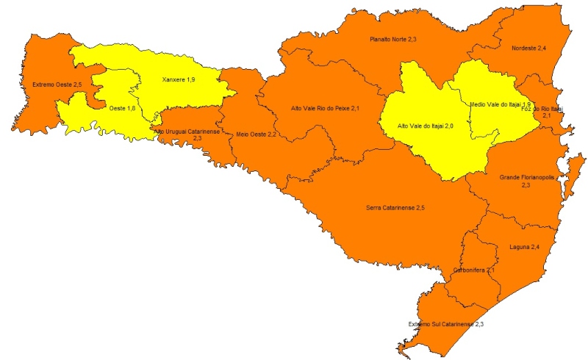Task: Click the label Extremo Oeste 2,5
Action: point(57,85)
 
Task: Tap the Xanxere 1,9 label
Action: point(179,79)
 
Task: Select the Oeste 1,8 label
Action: point(122,109)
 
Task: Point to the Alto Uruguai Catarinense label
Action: point(187,131)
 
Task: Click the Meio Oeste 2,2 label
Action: point(257,134)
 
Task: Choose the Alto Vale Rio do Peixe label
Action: point(326,109)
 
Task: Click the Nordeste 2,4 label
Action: point(528,48)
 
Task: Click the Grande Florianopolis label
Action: point(526,178)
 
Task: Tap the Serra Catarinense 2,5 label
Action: point(395,209)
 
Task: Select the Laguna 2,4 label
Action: point(524,246)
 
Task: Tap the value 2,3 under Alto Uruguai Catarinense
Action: point(197,138)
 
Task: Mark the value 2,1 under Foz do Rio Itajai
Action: point(546,116)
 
